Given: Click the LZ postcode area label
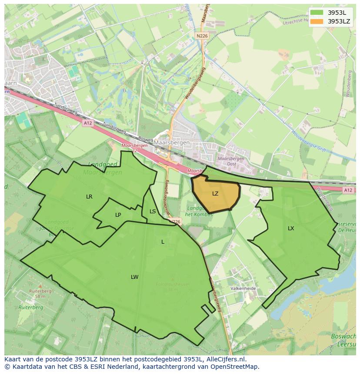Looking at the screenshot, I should click(x=215, y=194).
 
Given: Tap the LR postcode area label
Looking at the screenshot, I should click(x=89, y=197).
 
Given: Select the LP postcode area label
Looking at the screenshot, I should click(x=118, y=215).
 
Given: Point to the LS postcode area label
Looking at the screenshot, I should click(x=153, y=212).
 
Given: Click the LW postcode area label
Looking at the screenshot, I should click(x=135, y=277).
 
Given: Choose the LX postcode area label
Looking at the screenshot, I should click(x=291, y=228).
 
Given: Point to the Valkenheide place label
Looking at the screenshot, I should click(x=243, y=288).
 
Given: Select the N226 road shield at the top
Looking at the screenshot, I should click(x=202, y=36).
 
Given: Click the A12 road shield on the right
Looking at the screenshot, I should click(x=348, y=190).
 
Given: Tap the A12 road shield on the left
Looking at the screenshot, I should click(x=87, y=123).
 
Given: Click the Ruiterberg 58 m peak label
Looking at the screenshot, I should click(x=40, y=294).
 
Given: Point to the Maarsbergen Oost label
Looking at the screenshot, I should click(x=230, y=162).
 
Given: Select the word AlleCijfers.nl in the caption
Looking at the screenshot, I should click(x=226, y=359).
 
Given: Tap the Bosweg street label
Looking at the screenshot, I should click(x=146, y=139).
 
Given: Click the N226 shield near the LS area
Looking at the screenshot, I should click(x=175, y=222).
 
